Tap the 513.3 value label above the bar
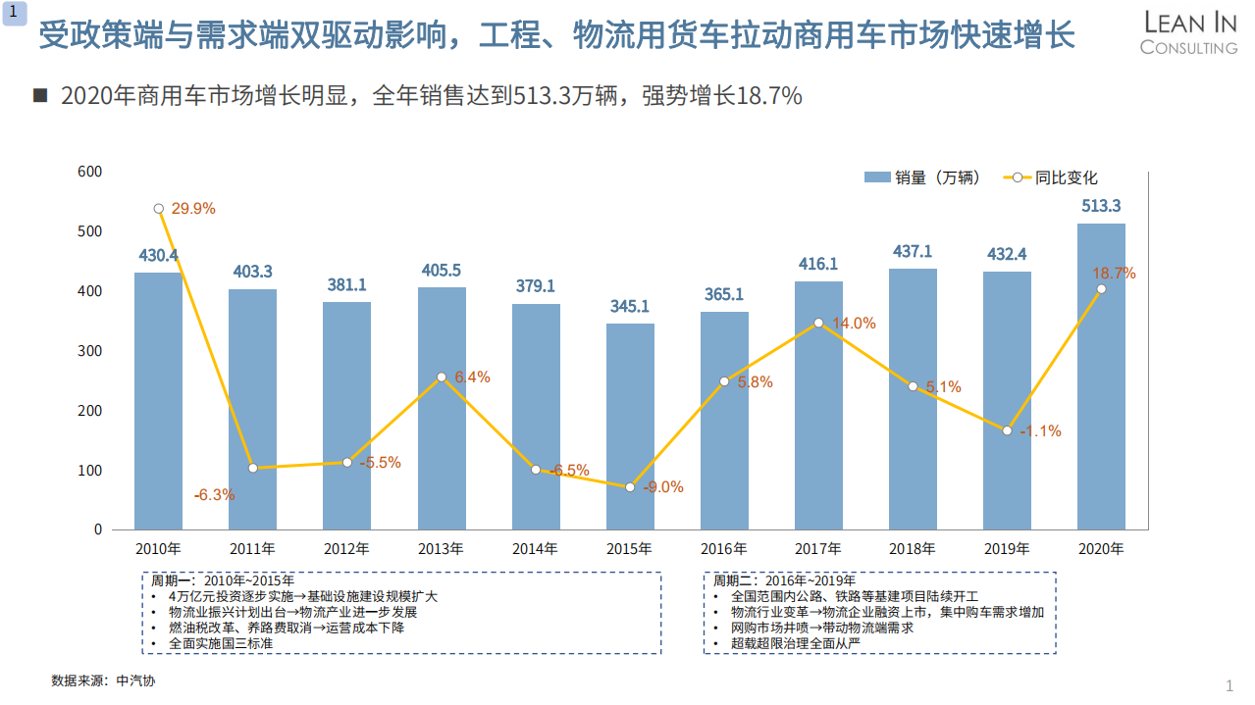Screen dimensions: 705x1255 pos(1101,206)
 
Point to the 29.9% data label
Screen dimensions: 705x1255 pos(193,209)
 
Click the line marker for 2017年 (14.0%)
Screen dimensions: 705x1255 pos(818,323)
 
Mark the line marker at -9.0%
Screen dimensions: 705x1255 pos(630,487)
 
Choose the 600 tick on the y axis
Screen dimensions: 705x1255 pos(90,172)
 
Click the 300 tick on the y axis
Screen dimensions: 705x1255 pos(90,351)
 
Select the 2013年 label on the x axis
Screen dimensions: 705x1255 pos(441,549)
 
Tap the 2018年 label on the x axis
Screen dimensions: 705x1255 pos(913,549)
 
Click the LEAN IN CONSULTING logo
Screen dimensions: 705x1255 pos(1189,32)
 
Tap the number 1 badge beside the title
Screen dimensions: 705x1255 pos(13,13)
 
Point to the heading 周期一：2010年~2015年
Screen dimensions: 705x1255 pos(222,580)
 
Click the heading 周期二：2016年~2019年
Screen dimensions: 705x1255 pos(784,580)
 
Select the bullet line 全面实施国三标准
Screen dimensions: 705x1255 pos(220,644)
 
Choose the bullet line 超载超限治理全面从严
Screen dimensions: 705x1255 pos(796,644)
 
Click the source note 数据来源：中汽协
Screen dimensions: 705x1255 pos(103,680)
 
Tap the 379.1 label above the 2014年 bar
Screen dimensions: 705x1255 pos(536,286)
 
